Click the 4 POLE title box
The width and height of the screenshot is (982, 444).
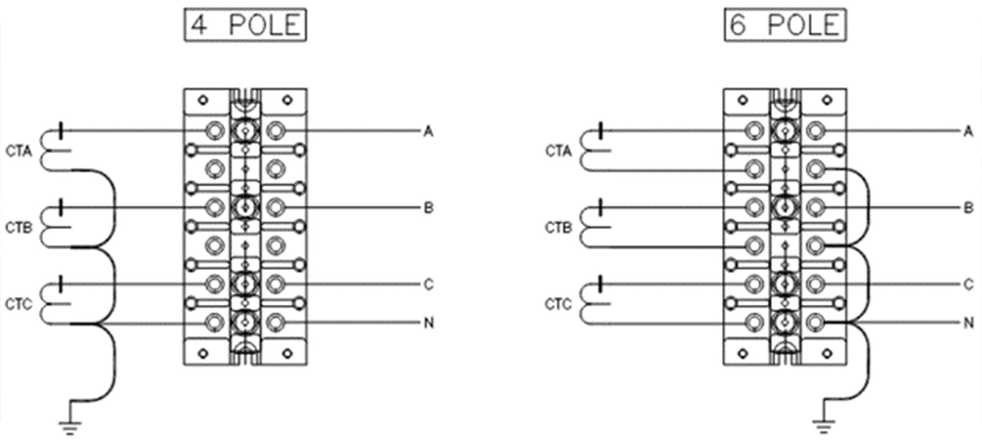pyautogui.click(x=245, y=25)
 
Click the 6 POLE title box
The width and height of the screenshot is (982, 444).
pyautogui.click(x=785, y=25)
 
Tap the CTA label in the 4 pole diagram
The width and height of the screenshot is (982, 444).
pyautogui.click(x=19, y=151)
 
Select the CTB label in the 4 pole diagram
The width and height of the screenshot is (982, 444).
pyautogui.click(x=19, y=228)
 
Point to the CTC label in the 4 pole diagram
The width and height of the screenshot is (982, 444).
pyautogui.click(x=19, y=304)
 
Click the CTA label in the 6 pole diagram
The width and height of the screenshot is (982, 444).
pyautogui.click(x=558, y=151)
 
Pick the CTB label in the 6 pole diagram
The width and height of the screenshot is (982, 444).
pyautogui.click(x=558, y=228)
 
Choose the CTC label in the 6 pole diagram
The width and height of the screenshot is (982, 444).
pyautogui.click(x=558, y=304)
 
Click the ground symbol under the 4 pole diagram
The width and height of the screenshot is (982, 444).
pyautogui.click(x=70, y=427)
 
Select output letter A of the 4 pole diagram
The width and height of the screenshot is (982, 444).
pyautogui.click(x=428, y=132)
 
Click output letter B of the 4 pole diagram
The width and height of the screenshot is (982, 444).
pyautogui.click(x=428, y=208)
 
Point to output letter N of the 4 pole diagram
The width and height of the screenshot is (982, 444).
pyautogui.click(x=429, y=323)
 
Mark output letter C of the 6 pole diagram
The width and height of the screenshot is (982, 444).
pyautogui.click(x=968, y=285)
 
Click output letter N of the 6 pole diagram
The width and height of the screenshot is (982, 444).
pyautogui.click(x=968, y=323)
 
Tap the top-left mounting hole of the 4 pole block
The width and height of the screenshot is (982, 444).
pyautogui.click(x=203, y=100)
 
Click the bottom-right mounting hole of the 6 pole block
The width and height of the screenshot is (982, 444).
pyautogui.click(x=827, y=353)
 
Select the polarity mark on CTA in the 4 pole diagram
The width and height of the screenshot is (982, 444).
pyautogui.click(x=61, y=131)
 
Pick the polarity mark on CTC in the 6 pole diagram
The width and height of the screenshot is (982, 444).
pyautogui.click(x=600, y=284)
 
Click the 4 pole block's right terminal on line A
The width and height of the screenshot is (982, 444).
pyautogui.click(x=276, y=131)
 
